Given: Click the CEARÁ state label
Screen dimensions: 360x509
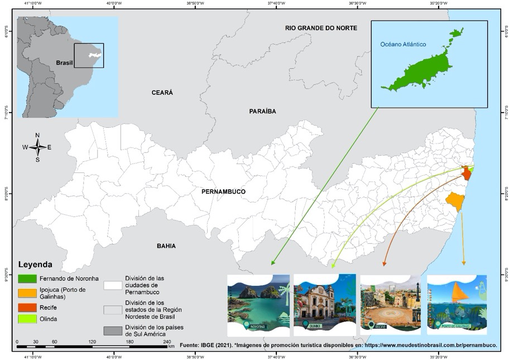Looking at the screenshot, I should click(x=162, y=92).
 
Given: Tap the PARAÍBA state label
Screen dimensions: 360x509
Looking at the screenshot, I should click(x=262, y=111).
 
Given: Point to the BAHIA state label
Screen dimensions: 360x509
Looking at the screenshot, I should click(x=166, y=246).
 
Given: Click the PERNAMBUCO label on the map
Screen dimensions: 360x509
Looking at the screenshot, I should click(x=224, y=191).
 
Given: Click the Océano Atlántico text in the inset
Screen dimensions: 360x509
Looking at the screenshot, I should click(x=403, y=44).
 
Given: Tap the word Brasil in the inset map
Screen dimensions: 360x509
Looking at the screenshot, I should click(x=65, y=63).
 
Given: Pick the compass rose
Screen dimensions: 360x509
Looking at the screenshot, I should click(x=37, y=147).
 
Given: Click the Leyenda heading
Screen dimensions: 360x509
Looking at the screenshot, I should click(x=36, y=264).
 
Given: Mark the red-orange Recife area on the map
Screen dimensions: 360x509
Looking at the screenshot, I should click(x=467, y=174).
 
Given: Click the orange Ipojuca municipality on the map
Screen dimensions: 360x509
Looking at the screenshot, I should click(x=455, y=200).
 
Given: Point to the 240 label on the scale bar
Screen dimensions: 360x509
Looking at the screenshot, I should click(x=166, y=341).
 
